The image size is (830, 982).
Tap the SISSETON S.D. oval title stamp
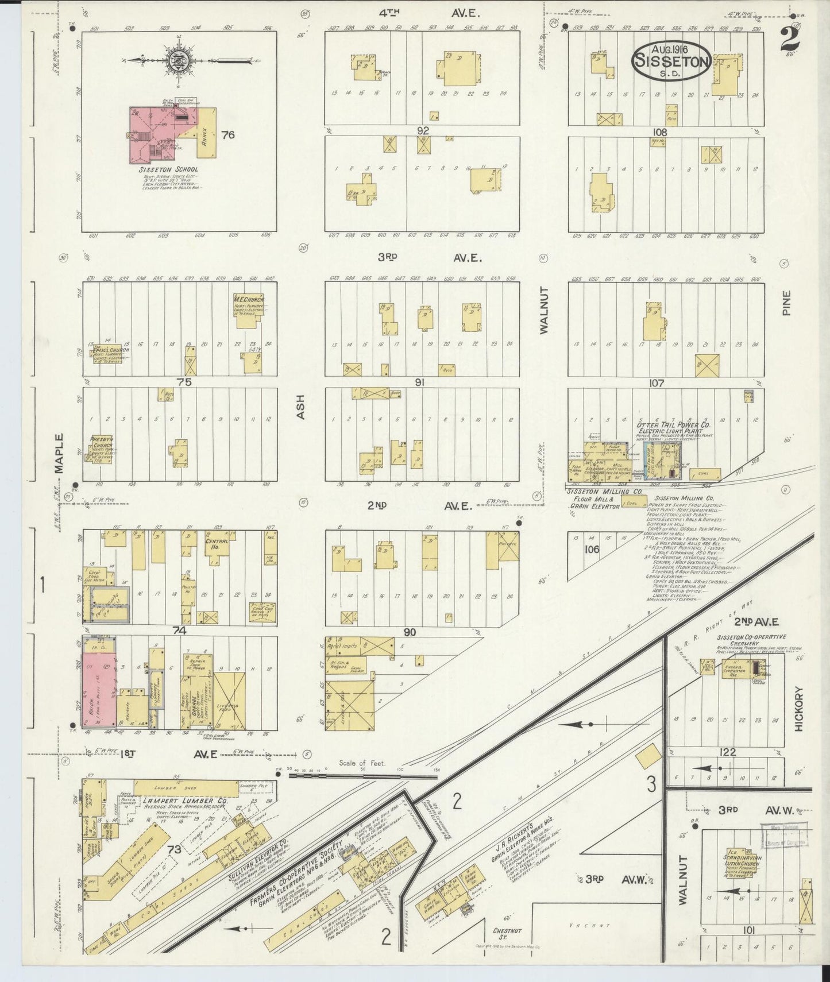coord(671,61)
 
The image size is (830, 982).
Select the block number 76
coord(228,135)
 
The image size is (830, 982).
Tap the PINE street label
coord(786,303)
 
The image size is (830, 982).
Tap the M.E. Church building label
coord(249,300)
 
